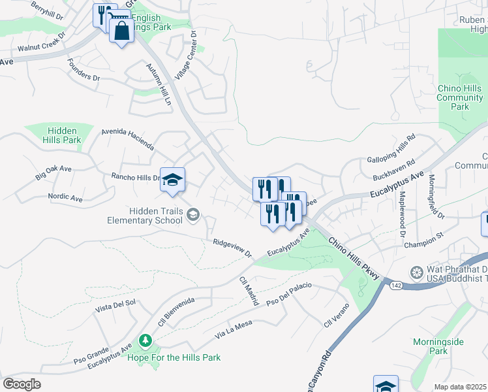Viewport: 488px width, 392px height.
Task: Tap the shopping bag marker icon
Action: [122, 31]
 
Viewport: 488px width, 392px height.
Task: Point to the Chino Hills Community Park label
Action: [460, 98]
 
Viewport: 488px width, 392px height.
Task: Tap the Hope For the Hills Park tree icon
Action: [145, 341]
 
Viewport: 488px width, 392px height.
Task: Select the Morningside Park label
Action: [438, 346]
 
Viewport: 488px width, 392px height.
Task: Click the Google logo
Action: [22, 384]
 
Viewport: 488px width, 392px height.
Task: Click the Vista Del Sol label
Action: [115, 304]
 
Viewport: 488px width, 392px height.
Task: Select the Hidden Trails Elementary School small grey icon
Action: [193, 214]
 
